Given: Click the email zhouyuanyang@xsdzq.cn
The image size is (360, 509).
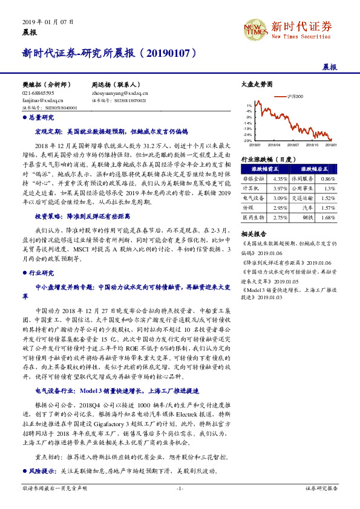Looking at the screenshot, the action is tap(120, 94).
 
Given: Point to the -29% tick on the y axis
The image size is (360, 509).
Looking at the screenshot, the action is tap(247, 140).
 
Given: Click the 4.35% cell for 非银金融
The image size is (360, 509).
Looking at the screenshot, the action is tap(280, 179).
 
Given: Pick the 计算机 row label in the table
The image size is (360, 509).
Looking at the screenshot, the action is tap(250, 188).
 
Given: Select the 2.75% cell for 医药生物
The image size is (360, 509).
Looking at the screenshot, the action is tap(280, 217).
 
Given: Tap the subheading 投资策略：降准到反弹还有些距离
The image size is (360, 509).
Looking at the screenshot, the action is tap(81, 216).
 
